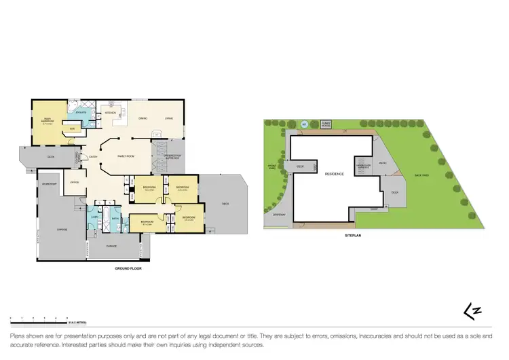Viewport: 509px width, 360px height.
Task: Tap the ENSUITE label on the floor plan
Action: point(80,111)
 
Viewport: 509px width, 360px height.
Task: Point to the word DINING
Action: point(143,119)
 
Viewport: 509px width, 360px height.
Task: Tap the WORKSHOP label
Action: point(49,184)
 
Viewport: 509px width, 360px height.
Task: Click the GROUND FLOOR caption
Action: point(128,268)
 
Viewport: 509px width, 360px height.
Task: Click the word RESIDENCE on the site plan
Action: point(334,174)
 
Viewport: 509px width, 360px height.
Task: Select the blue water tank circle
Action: point(304,125)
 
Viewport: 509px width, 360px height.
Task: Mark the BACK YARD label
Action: point(423,175)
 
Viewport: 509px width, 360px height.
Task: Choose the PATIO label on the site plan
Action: point(383,162)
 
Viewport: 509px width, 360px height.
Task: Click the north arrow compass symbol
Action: point(468,310)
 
